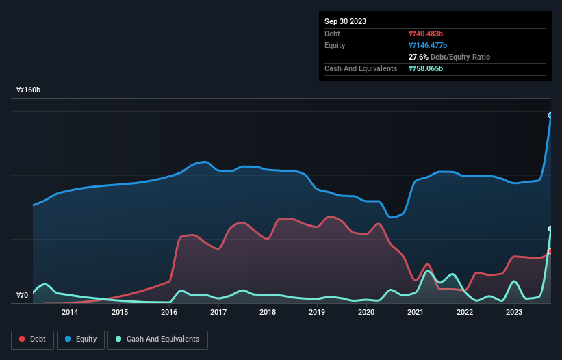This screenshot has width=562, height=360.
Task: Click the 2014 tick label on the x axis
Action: [69, 312]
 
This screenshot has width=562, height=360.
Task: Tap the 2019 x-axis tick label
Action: [316, 312]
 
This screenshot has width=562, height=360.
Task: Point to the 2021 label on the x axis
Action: [415, 312]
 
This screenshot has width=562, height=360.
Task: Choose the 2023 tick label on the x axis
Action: [514, 312]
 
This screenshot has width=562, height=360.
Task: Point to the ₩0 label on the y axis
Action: [23, 296]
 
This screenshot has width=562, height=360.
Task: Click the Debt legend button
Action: [32, 339]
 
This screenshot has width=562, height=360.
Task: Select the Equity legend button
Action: [81, 339]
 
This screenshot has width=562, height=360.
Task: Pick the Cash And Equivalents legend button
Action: [157, 339]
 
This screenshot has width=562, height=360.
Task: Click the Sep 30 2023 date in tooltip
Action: [345, 21]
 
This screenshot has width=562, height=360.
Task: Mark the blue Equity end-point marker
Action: [550, 115]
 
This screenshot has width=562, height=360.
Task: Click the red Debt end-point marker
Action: [550, 251]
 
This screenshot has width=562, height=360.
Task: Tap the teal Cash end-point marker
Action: [550, 229]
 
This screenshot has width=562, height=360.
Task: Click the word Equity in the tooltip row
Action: [335, 45]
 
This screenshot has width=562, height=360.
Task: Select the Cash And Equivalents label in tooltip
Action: [361, 68]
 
